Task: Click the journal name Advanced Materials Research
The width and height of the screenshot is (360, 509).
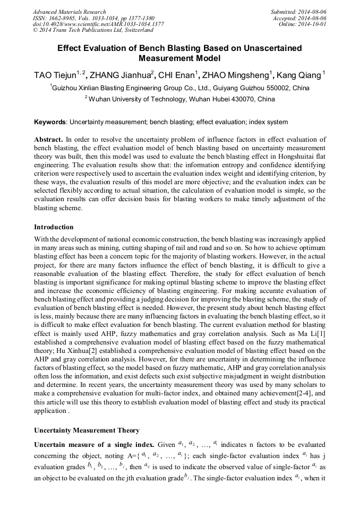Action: click(x=69, y=12)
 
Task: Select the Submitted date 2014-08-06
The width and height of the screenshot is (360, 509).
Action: click(x=310, y=12)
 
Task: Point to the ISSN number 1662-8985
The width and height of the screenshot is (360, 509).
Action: click(x=65, y=18)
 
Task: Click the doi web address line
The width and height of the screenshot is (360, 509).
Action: click(x=98, y=24)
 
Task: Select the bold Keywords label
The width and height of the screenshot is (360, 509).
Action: click(x=50, y=122)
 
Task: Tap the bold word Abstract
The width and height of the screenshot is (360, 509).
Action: click(x=48, y=139)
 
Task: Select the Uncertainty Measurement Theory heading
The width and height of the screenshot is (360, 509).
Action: click(x=87, y=430)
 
